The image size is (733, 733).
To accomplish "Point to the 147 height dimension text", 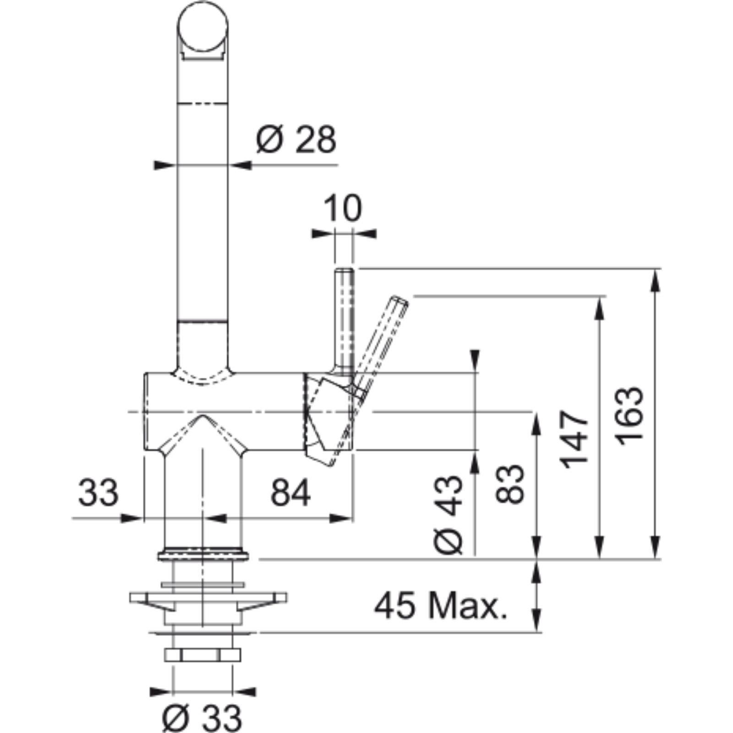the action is pyautogui.click(x=574, y=439).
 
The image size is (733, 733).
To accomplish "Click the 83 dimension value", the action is pyautogui.click(x=509, y=484).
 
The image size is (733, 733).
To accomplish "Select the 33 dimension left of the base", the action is pyautogui.click(x=98, y=492).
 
